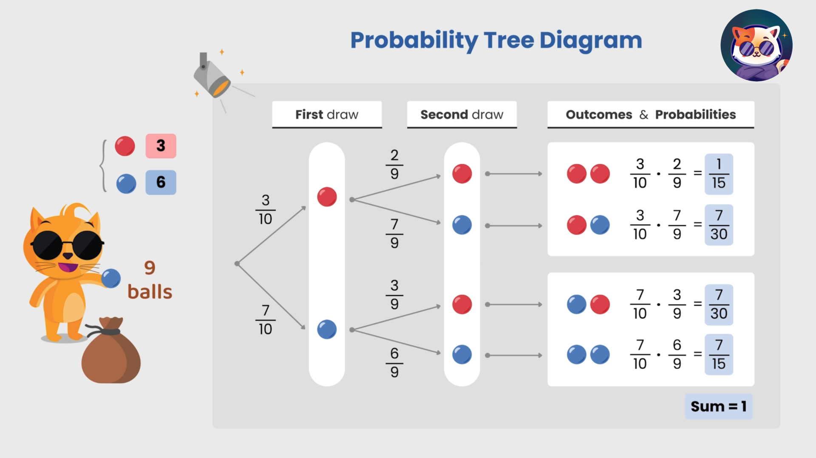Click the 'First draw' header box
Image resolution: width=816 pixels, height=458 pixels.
coord(327,114)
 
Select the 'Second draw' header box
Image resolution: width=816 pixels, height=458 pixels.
coord(462,114)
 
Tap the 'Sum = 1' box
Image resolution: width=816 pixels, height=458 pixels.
coord(718,406)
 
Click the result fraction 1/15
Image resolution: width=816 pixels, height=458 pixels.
coord(719,174)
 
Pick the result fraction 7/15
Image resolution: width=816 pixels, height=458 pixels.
coord(719,355)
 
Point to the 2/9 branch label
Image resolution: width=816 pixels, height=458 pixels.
coord(394,164)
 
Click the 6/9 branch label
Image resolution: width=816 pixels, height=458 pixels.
coord(394,363)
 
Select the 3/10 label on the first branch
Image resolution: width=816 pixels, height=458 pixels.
coord(265,210)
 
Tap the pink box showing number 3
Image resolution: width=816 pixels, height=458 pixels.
coord(161,146)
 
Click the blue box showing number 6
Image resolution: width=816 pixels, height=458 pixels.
coord(161,182)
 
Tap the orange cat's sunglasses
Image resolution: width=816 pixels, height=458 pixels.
coord(67,245)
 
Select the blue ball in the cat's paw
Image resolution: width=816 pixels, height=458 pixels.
coord(111,279)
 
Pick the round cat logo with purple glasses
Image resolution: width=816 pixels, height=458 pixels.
coord(756,46)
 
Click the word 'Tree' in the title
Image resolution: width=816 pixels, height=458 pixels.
coord(508,40)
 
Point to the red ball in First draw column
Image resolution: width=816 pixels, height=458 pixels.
coord(327,197)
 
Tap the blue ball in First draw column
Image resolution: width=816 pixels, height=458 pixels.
coord(327,330)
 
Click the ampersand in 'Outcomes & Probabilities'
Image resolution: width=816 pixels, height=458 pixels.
coord(643,114)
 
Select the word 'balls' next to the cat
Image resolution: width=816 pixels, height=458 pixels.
coord(150,292)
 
